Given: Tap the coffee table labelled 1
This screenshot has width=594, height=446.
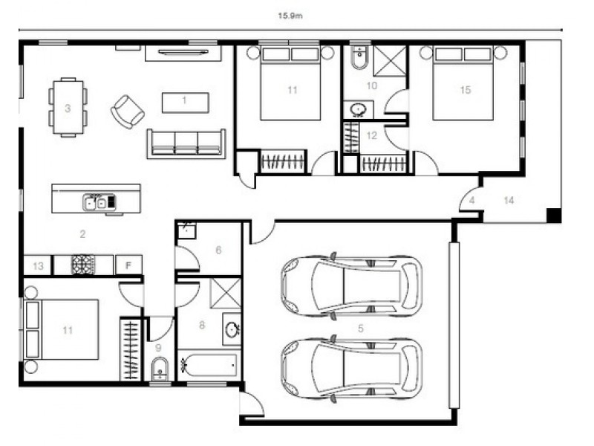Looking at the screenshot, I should click(x=185, y=101).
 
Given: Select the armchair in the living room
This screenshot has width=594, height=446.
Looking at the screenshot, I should click(x=127, y=111).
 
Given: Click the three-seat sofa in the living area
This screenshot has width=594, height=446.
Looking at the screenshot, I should click(x=186, y=143).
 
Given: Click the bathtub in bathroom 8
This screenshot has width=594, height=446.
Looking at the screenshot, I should click(x=209, y=366).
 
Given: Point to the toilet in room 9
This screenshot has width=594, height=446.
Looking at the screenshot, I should click(x=160, y=369).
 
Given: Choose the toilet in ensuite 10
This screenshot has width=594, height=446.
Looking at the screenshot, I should click(x=359, y=59).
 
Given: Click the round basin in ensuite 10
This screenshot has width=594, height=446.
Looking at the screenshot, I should click(x=358, y=110).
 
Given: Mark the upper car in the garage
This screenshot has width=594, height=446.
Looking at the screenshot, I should click(x=351, y=286).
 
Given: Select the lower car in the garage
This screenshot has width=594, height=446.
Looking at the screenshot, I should click(x=351, y=369).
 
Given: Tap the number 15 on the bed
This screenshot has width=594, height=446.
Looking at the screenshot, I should click(x=465, y=90).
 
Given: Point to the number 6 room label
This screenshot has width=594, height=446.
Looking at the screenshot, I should click(x=218, y=251).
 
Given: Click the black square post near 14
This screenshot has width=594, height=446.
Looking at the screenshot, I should click(x=552, y=216).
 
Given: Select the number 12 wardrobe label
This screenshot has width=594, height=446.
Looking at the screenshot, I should click(x=372, y=135).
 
